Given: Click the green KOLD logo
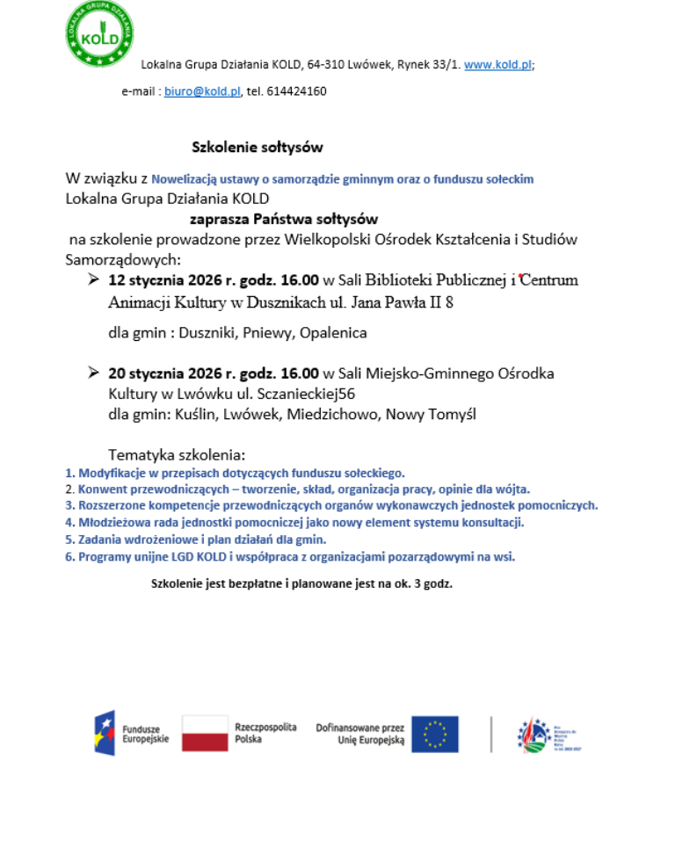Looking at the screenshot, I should pos(99,35).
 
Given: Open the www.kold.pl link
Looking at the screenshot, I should pos(497,65).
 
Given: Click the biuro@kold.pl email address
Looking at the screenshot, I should pos(202,91).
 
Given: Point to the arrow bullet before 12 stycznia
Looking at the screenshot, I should pos(93,280).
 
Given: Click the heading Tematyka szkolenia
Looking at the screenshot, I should pos(177,455).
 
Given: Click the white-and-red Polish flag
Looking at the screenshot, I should pos(205,734).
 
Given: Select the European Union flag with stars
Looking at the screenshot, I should pos(434,734).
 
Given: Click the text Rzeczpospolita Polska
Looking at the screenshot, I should pos(265,734).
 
